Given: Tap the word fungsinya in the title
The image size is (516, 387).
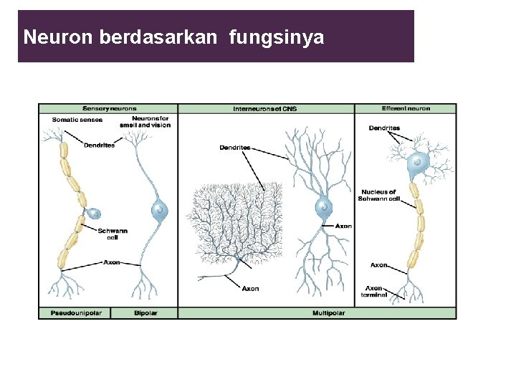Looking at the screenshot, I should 277,37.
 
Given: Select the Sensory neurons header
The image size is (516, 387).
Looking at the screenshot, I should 110,109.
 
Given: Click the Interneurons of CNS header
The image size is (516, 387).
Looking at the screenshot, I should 264,109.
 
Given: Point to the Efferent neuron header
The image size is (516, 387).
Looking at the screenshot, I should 406,109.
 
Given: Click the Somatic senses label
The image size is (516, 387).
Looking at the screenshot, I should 77,120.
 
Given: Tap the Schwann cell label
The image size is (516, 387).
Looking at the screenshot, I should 113,234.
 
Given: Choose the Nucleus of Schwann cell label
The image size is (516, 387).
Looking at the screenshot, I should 379,195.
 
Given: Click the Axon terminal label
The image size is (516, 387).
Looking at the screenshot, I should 374,292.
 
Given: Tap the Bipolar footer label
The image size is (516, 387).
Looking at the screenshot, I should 145,313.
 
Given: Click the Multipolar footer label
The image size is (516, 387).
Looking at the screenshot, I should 328,313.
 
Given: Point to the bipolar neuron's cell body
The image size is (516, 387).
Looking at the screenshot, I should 159,211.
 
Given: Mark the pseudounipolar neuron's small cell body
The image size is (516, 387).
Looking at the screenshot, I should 94,213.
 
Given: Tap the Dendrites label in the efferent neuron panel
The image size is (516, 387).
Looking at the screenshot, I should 384,128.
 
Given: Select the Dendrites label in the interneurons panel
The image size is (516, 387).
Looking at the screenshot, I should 235,148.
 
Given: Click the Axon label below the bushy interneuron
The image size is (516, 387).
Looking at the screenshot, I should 250,289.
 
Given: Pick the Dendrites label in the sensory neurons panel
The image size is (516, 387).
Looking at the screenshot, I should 99,145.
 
